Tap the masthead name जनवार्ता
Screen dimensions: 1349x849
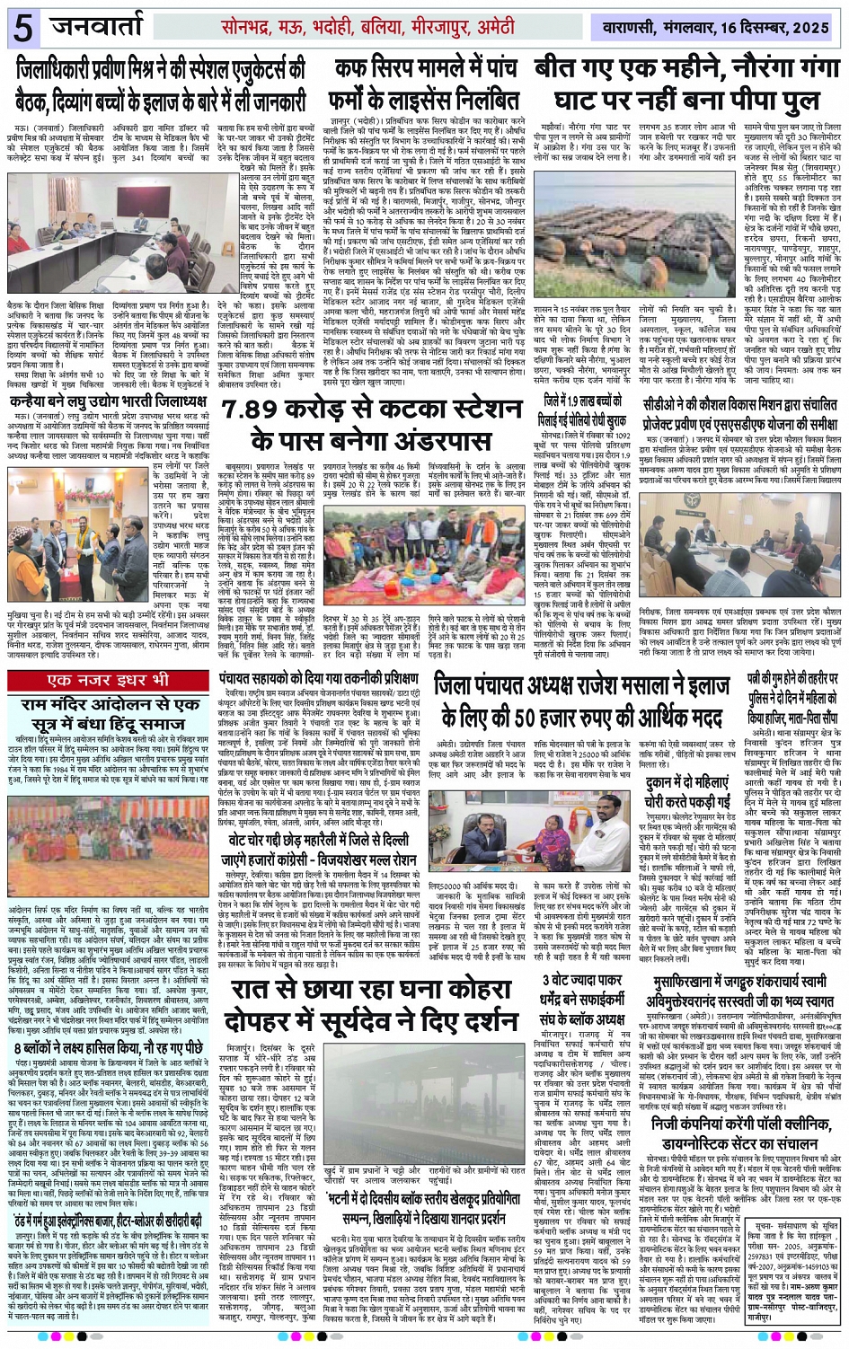tap(103, 27)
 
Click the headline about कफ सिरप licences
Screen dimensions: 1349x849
tap(427, 84)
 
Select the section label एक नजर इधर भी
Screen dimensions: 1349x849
tap(109, 655)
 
